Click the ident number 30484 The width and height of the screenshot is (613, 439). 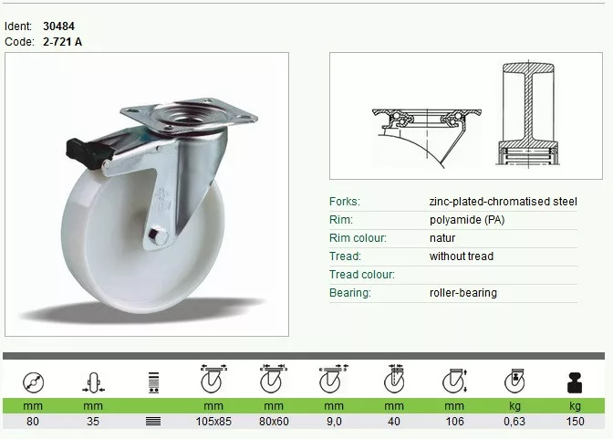(58, 26)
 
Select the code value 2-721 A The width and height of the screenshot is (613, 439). (63, 41)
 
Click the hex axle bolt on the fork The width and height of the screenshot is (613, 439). (159, 235)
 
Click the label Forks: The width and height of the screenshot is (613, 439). (345, 202)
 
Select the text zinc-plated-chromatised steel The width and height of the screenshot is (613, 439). (504, 202)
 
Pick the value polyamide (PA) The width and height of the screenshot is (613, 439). (467, 220)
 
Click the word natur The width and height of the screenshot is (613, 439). (442, 238)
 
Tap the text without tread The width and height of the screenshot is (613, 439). (462, 256)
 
